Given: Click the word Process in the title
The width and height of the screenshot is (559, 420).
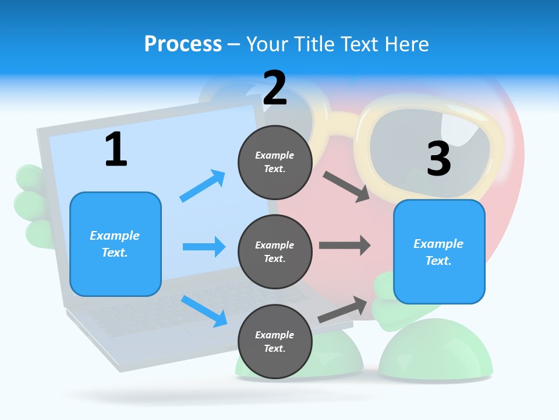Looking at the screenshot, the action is coord(183,44).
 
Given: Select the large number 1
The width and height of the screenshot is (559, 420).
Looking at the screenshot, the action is coord(116,149).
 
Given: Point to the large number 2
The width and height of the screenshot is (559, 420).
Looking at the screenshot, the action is coord(275,87).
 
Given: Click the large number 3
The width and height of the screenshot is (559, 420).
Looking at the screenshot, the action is coord(439,158).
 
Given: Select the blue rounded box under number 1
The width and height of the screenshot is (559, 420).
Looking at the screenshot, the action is coord(115,244).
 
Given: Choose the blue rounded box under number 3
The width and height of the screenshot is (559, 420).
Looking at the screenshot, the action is coord(439,252).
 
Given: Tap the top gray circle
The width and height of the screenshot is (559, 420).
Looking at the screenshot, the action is coord(275,162).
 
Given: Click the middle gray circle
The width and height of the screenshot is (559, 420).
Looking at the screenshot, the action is coord(275,252).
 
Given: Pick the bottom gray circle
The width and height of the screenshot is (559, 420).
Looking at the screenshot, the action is coord(275,341).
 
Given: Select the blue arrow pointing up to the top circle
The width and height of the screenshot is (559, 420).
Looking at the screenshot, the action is coord(203,185).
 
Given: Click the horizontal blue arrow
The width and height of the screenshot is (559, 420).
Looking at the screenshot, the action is coord(204,246).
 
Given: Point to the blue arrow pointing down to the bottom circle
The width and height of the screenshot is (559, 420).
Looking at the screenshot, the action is coord(204,311).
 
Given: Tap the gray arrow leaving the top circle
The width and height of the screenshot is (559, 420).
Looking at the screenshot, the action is coord(346,187).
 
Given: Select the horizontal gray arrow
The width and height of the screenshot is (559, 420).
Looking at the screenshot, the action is coord(345,245).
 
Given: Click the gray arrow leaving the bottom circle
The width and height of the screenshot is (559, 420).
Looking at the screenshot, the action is coord(342,309).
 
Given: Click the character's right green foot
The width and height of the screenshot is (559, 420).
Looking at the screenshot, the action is coord(436,350).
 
